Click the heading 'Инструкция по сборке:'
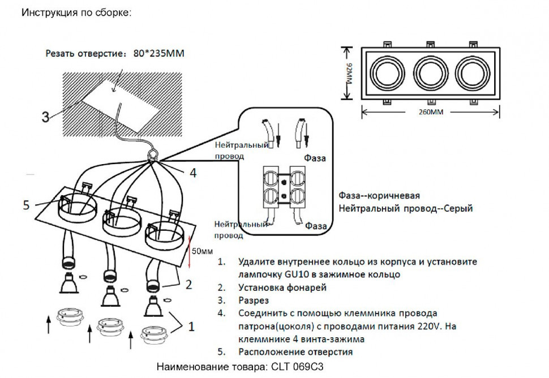coord(76,12)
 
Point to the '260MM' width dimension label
coord(431,112)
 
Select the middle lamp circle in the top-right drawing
coord(431,73)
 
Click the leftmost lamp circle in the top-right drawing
coord(389,73)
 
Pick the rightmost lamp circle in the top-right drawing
coord(473,73)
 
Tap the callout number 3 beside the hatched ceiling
coord(45,117)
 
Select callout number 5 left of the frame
coord(26,205)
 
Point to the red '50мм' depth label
coord(203,251)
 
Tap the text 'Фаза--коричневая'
coord(379,196)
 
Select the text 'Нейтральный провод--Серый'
coord(405,209)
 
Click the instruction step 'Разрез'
coord(254,300)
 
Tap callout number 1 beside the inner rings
coord(191,326)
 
